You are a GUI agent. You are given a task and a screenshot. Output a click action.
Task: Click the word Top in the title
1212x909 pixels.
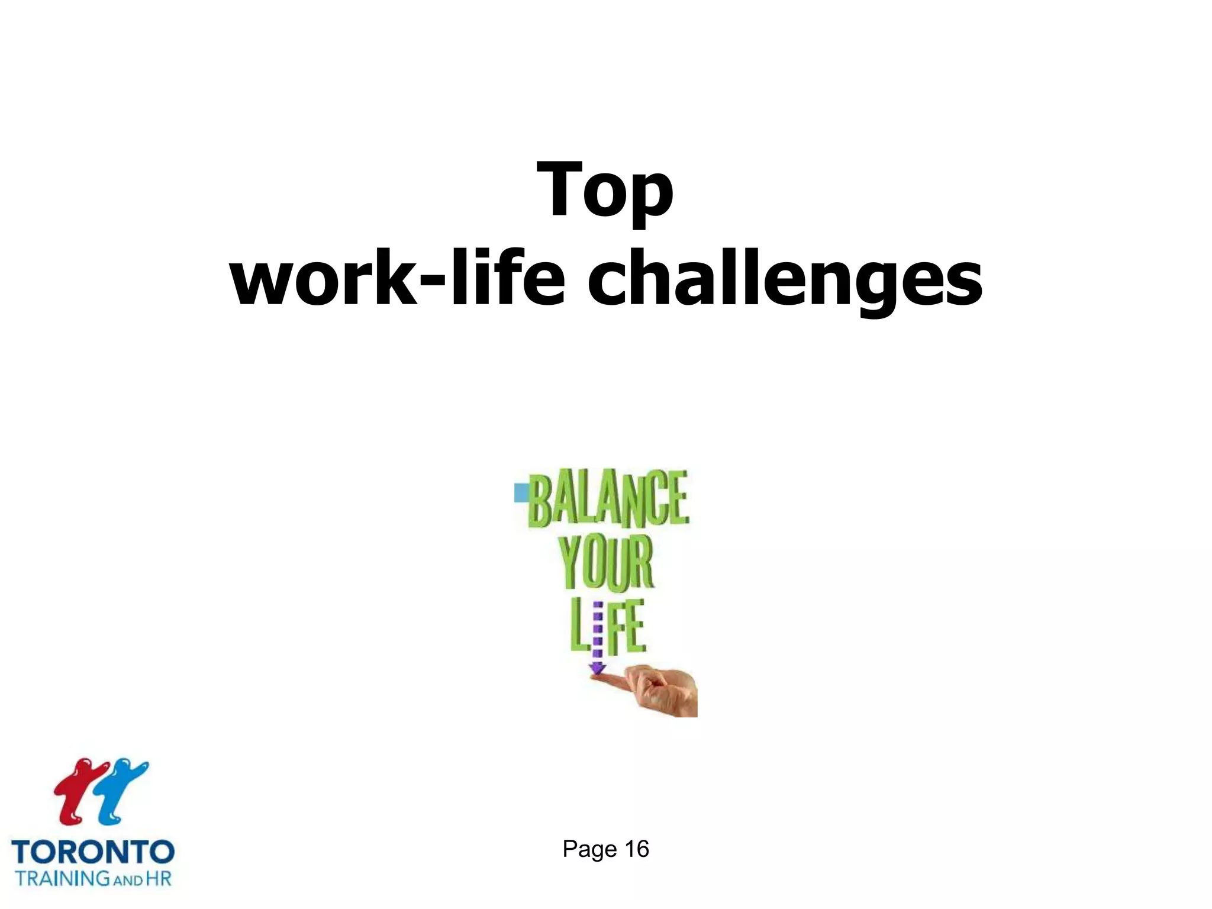pyautogui.click(x=605, y=191)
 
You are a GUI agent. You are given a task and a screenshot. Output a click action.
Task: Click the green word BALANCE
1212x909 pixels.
pyautogui.click(x=608, y=498)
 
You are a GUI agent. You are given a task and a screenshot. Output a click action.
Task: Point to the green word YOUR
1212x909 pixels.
pyautogui.click(x=606, y=562)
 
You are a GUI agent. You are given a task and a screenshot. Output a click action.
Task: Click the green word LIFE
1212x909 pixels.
pyautogui.click(x=607, y=627)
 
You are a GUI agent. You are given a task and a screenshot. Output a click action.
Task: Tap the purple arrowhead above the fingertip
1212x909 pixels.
pyautogui.click(x=597, y=669)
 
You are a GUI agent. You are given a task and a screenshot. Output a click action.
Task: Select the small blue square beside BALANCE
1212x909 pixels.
pyautogui.click(x=521, y=493)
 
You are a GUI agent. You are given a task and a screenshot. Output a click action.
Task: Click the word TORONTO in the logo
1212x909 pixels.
pyautogui.click(x=93, y=852)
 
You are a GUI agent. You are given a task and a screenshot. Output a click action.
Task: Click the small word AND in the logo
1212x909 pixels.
pyautogui.click(x=128, y=880)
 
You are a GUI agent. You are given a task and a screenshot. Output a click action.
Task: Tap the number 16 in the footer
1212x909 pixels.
pyautogui.click(x=637, y=849)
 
